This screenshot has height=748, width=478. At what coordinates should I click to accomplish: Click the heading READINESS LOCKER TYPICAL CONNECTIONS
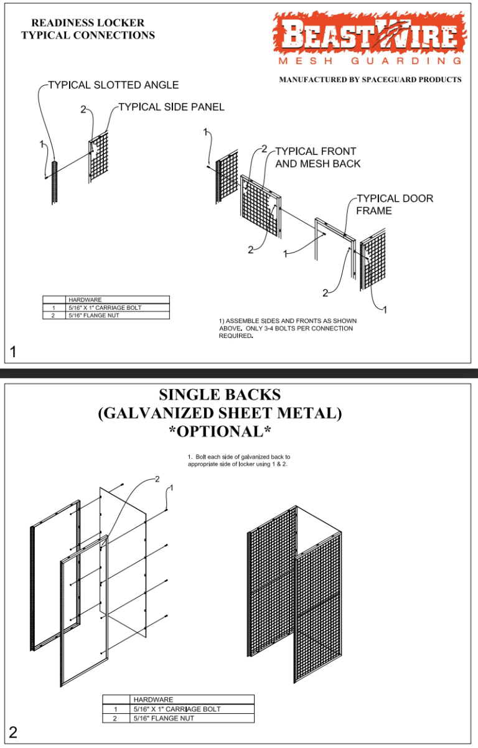[88, 29]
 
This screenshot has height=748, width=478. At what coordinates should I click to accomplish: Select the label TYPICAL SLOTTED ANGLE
[113, 85]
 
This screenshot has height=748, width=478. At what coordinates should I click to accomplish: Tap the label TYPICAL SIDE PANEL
[171, 107]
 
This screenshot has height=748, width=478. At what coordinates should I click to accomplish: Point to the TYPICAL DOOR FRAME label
[394, 204]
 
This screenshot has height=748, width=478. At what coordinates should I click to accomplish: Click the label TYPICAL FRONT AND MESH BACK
[317, 157]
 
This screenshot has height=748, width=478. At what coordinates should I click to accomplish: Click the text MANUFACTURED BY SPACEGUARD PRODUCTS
[370, 80]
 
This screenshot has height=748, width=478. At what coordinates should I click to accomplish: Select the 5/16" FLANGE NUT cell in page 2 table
[163, 718]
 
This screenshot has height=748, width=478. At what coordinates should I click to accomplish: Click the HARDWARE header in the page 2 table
[153, 699]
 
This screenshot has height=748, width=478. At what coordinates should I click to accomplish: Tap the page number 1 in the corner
[13, 353]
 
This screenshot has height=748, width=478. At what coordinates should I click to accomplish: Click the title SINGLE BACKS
[220, 395]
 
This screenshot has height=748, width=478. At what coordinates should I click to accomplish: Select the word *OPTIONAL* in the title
[220, 431]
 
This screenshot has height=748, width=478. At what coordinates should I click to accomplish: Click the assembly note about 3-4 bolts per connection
[287, 328]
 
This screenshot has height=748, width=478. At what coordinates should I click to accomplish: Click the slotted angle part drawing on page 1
[54, 182]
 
